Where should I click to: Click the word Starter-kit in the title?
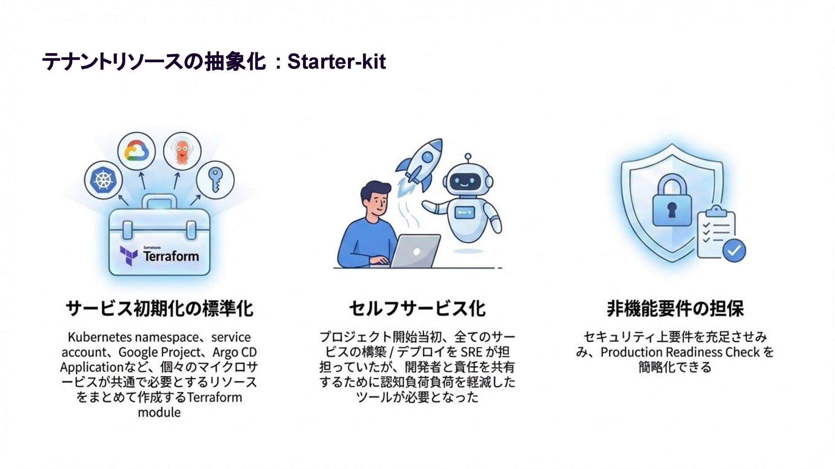pyautogui.click(x=336, y=62)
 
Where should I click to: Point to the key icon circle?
pyautogui.click(x=215, y=180)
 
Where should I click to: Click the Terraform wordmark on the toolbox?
pyautogui.click(x=171, y=256)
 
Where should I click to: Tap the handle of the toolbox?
pyautogui.click(x=159, y=203)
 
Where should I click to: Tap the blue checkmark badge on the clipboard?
pyautogui.click(x=734, y=250)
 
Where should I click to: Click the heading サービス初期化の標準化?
pyautogui.click(x=159, y=309)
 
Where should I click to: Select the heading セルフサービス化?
pyautogui.click(x=417, y=309)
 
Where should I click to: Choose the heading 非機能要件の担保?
pyautogui.click(x=675, y=309)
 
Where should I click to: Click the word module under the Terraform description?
pyautogui.click(x=159, y=412)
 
